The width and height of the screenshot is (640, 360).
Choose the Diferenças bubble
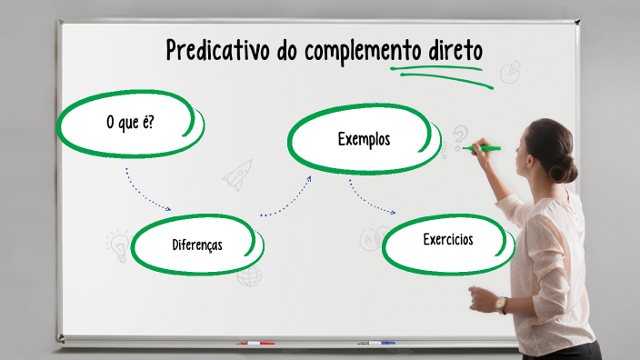coord(197,245)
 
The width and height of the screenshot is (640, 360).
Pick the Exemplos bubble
coord(363,139)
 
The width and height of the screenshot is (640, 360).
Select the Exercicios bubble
coord(447,241)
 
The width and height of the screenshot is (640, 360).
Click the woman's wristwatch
coord(502,305)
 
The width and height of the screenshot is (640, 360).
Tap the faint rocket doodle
coord(237,174)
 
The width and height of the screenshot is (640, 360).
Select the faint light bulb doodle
coord(118,245)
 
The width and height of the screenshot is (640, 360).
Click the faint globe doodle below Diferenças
coord(249,275)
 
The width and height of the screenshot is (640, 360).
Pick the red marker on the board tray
coord(256,344)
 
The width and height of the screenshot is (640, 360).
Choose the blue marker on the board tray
coord(376,343)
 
